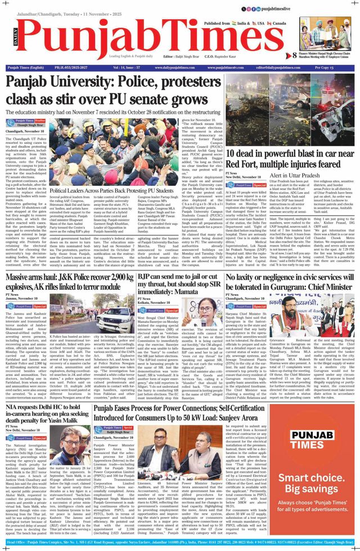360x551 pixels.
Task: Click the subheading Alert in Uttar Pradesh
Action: (x=292, y=176)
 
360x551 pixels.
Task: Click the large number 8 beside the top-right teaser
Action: (x=294, y=55)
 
